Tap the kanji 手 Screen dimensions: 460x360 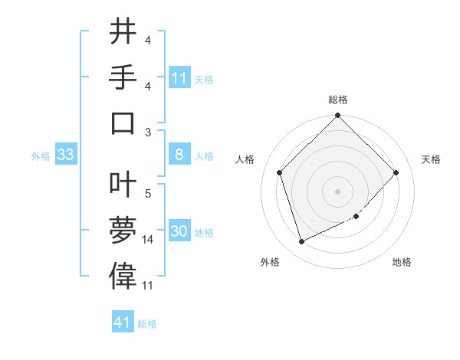tap(123, 77)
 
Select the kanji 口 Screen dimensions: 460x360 tap(123, 123)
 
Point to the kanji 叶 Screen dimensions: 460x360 tap(123, 182)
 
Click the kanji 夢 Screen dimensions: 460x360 tap(123, 228)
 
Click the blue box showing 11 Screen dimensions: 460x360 tap(179, 78)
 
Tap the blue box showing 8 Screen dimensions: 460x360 tap(179, 155)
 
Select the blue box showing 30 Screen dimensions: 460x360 tap(179, 232)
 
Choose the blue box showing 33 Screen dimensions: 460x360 tap(65, 155)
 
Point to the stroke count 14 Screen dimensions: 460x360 tap(148, 240)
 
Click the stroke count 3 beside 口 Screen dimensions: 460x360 tap(148, 132)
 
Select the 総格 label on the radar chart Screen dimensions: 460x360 tap(338, 100)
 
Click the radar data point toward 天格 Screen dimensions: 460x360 tap(396, 172)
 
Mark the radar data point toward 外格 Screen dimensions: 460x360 tap(301, 242)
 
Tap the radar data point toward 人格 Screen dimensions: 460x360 tap(280, 172)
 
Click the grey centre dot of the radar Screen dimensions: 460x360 tap(338, 191)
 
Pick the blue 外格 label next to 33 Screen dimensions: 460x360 tap(41, 156)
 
